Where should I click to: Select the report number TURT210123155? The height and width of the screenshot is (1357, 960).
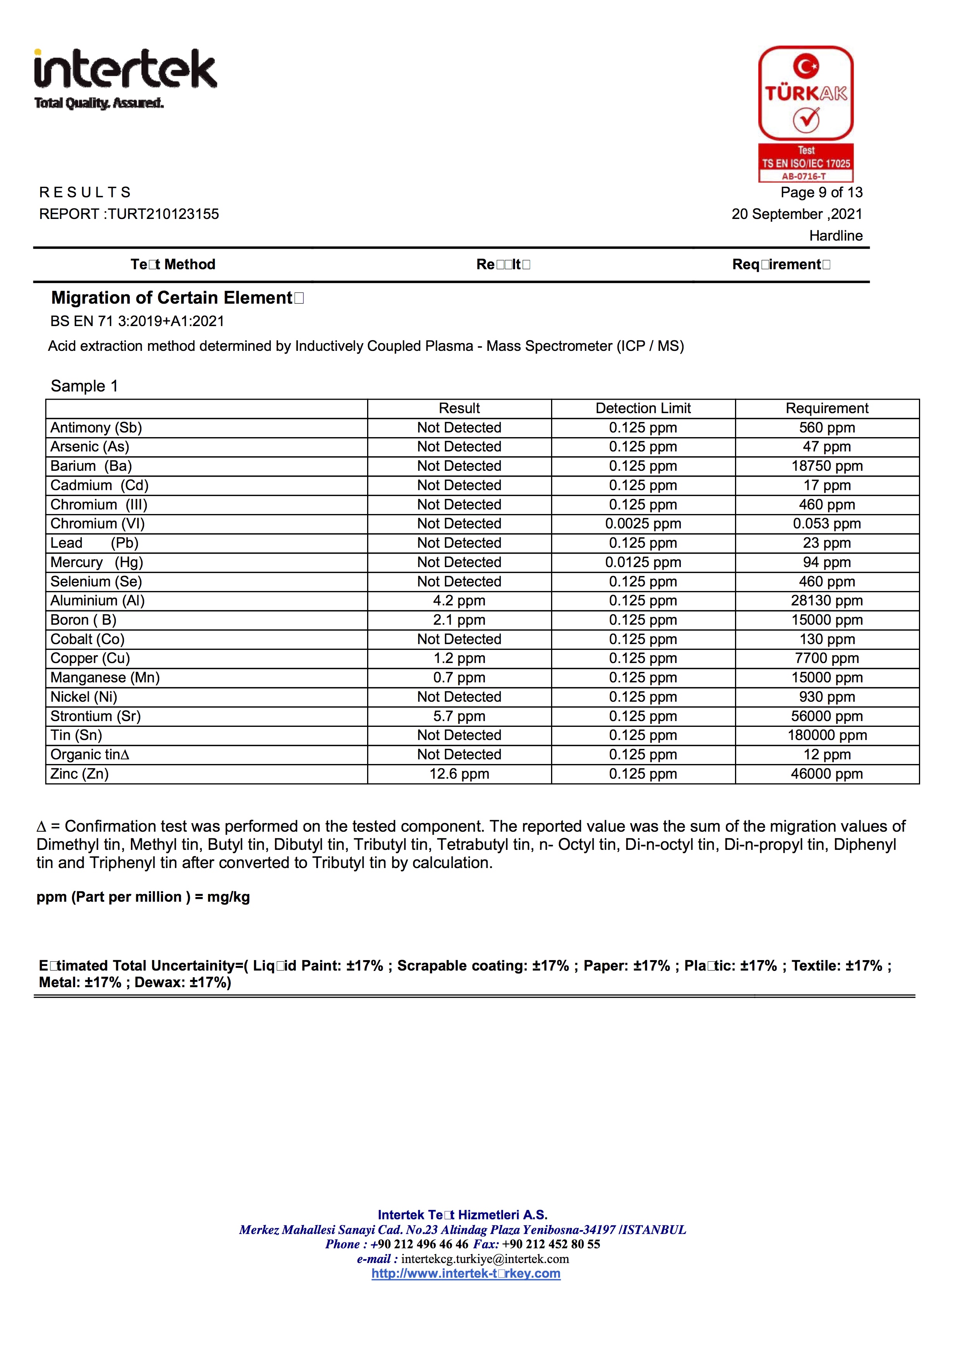[x=163, y=214]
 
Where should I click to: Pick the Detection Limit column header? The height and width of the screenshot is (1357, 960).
[x=643, y=408]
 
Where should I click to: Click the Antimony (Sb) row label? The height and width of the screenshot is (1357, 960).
[x=96, y=427]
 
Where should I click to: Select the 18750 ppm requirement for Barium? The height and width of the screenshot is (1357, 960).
[x=826, y=466]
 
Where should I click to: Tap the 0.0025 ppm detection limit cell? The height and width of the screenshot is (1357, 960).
[x=643, y=524]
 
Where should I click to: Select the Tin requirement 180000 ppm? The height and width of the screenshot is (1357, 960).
[x=826, y=735]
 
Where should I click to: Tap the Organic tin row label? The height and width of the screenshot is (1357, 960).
[x=89, y=755]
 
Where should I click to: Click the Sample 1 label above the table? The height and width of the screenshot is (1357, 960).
[x=84, y=386]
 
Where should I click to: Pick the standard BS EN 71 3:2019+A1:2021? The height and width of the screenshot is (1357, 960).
[x=137, y=321]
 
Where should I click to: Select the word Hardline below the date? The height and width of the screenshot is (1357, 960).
[x=835, y=236]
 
